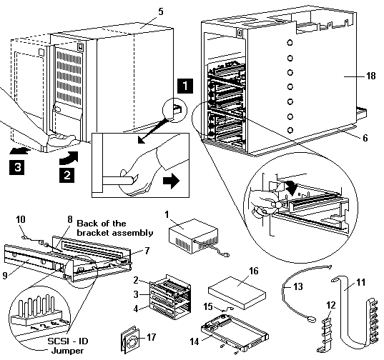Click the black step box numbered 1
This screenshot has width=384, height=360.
(x=185, y=86)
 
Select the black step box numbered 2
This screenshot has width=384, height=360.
(x=67, y=175)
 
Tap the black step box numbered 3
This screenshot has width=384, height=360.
(x=17, y=167)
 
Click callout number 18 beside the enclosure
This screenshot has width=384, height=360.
(x=371, y=76)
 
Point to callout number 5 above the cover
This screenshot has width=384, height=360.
(x=160, y=11)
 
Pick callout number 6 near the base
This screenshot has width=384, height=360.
(x=365, y=138)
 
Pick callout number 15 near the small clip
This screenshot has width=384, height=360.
(x=208, y=306)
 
